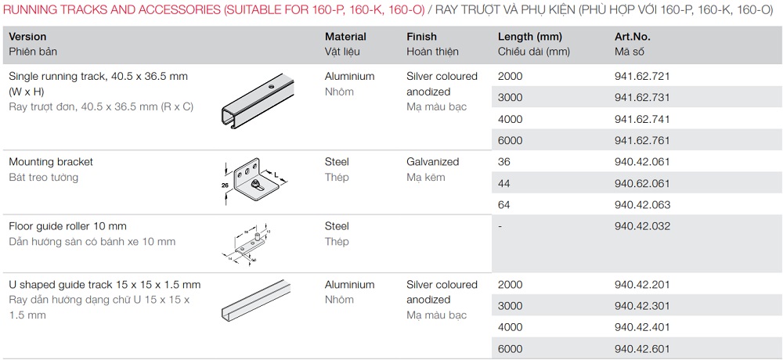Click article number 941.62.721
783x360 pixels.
[642, 77]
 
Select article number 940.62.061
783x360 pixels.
[642, 184]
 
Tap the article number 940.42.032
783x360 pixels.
[642, 226]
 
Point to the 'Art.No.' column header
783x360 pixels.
[633, 37]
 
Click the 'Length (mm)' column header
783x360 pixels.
[530, 37]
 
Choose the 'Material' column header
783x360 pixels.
[345, 37]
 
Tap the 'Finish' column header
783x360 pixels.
[421, 37]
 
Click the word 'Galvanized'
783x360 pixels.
[432, 162]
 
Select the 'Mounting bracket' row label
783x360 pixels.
[51, 162]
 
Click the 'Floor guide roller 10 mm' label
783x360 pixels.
[67, 226]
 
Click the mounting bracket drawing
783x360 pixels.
[252, 180]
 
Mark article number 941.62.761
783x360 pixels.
[642, 141]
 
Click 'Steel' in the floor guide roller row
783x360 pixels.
[337, 226]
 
